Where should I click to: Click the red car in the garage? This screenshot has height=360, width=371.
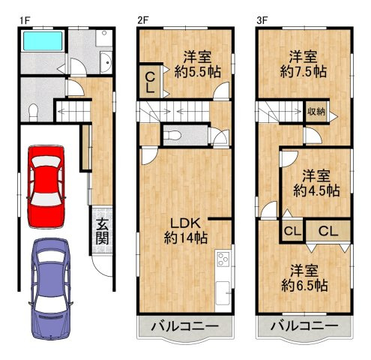pos(46,187)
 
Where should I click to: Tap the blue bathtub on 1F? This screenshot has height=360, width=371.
pos(42,40)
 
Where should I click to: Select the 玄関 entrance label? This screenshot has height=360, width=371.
pos(103,231)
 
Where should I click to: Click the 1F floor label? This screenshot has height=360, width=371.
pos(25,21)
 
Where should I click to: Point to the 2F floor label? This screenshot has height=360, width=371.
pos(143,21)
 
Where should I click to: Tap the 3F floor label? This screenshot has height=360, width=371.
pos(262,21)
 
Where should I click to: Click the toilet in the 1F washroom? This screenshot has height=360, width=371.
pos(33,112)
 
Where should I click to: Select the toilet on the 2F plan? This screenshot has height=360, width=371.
pos(173,136)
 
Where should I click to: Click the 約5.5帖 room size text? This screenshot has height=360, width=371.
pos(197,72)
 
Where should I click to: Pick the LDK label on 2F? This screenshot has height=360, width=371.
pos(185,223)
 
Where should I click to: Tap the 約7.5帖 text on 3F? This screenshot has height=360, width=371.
pos(304,72)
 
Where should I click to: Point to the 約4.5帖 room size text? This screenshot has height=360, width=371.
pos(316,190)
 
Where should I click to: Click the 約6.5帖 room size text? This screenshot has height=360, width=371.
pos(304,285)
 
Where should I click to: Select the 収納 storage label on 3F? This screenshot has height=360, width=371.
pos(316,112)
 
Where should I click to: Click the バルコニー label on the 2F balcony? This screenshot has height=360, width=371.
pos(185,326)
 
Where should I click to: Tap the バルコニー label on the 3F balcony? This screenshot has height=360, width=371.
pos(304,325)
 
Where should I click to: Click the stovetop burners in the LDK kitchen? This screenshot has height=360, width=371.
pos(223,259)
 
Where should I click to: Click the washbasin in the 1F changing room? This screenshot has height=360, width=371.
pos(106,62)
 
